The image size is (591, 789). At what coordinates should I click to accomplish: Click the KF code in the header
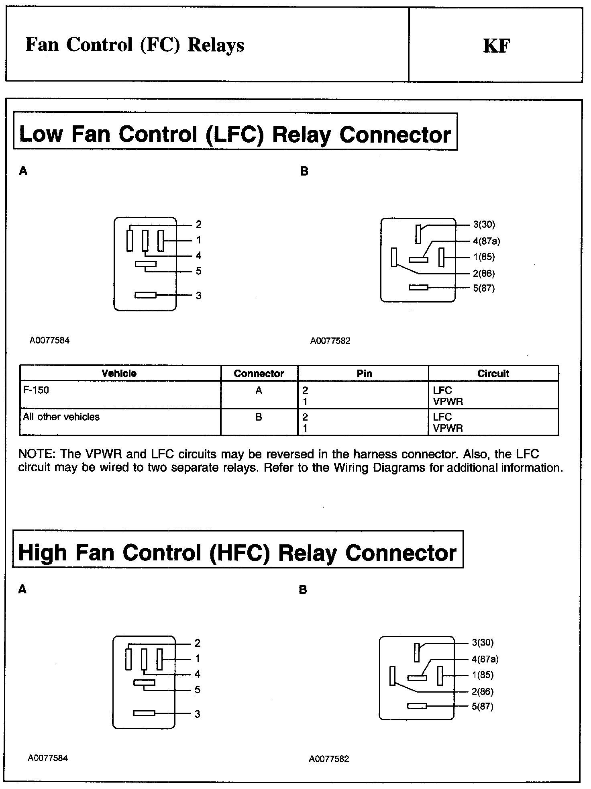pyautogui.click(x=497, y=46)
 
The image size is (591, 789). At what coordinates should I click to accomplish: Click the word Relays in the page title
pyautogui.click(x=216, y=45)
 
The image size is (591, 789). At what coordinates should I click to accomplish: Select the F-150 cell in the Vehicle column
pyautogui.click(x=36, y=390)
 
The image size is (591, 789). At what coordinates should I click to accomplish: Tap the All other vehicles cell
pyautogui.click(x=61, y=417)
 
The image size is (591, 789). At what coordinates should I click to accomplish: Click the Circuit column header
pyautogui.click(x=493, y=373)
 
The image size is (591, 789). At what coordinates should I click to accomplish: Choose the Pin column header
pyautogui.click(x=364, y=373)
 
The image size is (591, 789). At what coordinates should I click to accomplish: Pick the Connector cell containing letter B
pyautogui.click(x=259, y=417)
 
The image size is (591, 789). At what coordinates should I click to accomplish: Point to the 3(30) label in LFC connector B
pyautogui.click(x=484, y=225)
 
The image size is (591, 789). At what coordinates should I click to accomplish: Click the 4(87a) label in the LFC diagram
pyautogui.click(x=486, y=241)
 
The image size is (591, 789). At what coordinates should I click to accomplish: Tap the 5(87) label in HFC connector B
pyautogui.click(x=482, y=706)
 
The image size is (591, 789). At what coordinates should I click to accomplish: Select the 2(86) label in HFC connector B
pyautogui.click(x=483, y=691)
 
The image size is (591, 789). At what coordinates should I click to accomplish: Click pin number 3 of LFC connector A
pyautogui.click(x=198, y=296)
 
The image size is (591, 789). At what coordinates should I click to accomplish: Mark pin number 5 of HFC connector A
pyautogui.click(x=197, y=690)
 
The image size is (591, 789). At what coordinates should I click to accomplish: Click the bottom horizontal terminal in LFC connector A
pyautogui.click(x=145, y=295)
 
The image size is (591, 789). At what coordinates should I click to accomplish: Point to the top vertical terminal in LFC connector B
pyautogui.click(x=418, y=234)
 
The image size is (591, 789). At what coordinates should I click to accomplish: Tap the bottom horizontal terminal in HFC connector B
pyautogui.click(x=417, y=706)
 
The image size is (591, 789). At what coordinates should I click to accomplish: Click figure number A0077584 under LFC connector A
pyautogui.click(x=49, y=341)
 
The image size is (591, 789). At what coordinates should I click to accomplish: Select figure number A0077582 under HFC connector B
pyautogui.click(x=329, y=759)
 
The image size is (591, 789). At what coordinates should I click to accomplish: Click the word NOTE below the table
pyautogui.click(x=36, y=454)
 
